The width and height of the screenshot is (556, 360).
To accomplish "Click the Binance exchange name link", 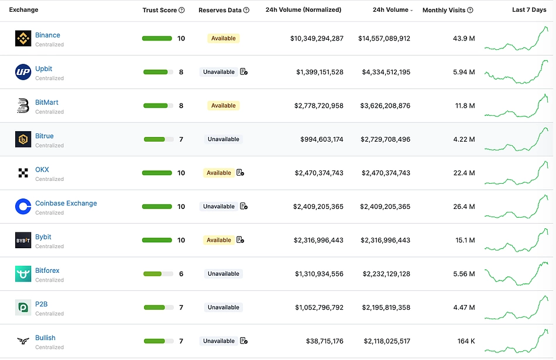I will coord(47,35).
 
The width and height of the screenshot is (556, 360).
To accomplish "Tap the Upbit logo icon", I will coord(23,72).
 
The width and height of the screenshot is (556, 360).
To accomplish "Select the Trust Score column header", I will coord(160,10).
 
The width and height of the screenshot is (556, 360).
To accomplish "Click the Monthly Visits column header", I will coord(444,10).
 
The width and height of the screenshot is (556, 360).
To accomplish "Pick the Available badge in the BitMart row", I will coord(223,105).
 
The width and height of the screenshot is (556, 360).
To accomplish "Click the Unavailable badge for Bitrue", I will coord(223,139).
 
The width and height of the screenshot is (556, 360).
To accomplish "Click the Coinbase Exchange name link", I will coord(66,203).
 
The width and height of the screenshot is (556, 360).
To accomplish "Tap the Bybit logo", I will coord(23,240).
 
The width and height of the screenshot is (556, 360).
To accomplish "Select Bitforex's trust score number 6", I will coord(181,274).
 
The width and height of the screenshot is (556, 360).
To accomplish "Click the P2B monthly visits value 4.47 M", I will coord(464,307).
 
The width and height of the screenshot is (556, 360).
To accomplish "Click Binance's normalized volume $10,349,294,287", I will coord(317,39).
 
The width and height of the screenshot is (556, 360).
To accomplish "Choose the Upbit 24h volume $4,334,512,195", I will coord(386,72).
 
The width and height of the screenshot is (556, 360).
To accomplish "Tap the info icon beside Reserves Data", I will coord(246,10).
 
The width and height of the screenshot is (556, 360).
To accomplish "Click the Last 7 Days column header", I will coord(528,10).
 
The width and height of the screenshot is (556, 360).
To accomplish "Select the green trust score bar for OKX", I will coord(157,173).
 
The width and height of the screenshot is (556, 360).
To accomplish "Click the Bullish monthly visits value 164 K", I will coord(466,341).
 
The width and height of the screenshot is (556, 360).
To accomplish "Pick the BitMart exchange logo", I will coord(23,105).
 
